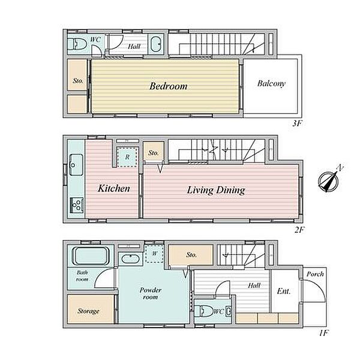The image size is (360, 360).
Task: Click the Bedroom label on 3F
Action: click(x=168, y=86)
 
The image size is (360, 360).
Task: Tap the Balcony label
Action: click(x=271, y=83)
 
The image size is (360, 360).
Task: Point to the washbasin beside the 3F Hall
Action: click(x=156, y=44)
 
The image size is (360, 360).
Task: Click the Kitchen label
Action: click(x=114, y=188)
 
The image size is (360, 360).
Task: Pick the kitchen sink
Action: click(x=76, y=165)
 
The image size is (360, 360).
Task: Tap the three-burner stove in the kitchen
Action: click(x=77, y=205)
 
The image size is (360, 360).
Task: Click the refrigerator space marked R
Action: click(x=127, y=157)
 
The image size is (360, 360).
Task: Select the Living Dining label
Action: click(x=216, y=190)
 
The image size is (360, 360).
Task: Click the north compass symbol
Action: click(x=328, y=181)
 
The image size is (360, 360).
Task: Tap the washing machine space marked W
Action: click(x=155, y=254)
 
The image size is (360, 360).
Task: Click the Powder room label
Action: click(x=151, y=293)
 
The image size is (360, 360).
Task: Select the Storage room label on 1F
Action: click(x=88, y=311)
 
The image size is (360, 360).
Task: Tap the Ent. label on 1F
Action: click(x=284, y=292)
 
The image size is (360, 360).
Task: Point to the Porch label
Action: click(x=315, y=274)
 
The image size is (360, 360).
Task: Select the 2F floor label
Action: click(x=299, y=230)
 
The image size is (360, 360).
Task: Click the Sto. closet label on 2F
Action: click(x=154, y=152)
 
